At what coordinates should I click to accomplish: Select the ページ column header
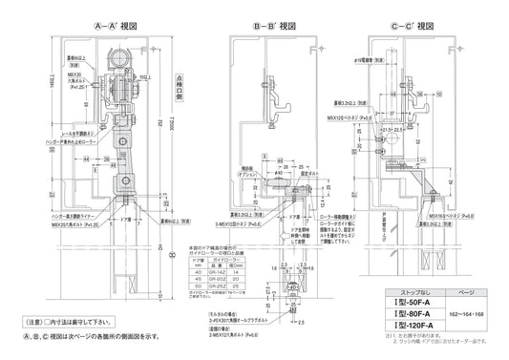click(467, 291)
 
